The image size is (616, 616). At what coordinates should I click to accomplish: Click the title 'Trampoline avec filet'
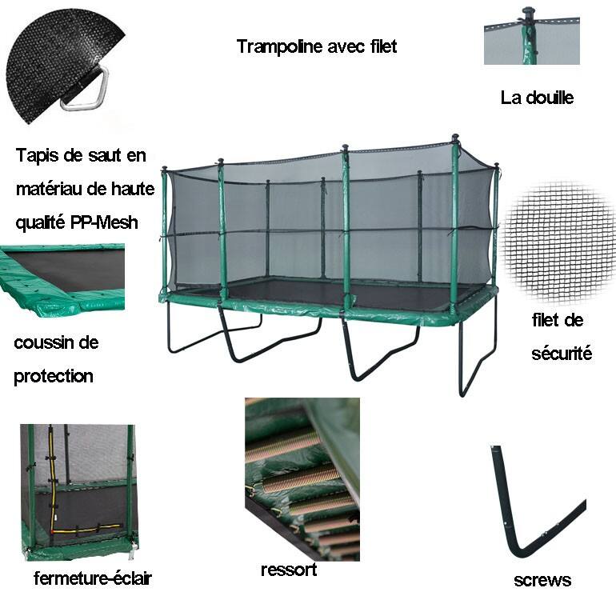[317, 46]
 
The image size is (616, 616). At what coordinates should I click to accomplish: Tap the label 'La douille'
[537, 98]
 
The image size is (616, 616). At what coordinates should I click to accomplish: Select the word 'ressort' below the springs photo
[289, 570]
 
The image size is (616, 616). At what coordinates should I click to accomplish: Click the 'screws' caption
[542, 580]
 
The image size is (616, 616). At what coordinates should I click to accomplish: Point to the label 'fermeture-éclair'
[93, 578]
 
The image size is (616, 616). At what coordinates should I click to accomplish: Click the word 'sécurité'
[562, 353]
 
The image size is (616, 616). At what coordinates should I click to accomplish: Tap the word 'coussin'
[43, 342]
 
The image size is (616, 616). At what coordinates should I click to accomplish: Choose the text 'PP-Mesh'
[104, 222]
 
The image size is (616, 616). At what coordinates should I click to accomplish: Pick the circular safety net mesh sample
[558, 242]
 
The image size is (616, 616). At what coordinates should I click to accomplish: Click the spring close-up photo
[302, 479]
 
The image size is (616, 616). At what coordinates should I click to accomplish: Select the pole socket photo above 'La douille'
[532, 36]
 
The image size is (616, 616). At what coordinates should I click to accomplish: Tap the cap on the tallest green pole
[455, 138]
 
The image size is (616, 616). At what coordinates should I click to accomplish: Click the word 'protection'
[54, 376]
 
